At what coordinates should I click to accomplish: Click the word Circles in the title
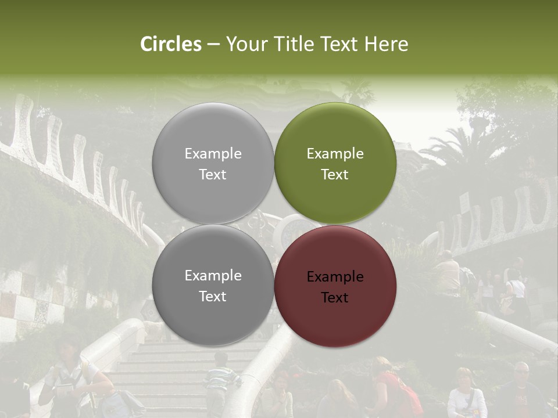pyautogui.click(x=171, y=44)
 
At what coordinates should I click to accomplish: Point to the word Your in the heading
pyautogui.click(x=244, y=44)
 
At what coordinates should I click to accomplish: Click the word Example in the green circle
pyautogui.click(x=335, y=154)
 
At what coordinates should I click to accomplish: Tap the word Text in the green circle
pyautogui.click(x=335, y=174)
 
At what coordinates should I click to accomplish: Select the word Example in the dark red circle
pyautogui.click(x=335, y=277)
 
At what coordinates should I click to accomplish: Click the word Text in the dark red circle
pyautogui.click(x=335, y=298)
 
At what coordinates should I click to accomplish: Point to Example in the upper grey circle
pyautogui.click(x=213, y=154)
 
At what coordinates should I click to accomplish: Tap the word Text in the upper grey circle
pyautogui.click(x=213, y=174)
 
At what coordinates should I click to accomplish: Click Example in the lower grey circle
pyautogui.click(x=213, y=276)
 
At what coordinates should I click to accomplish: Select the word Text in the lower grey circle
pyautogui.click(x=213, y=296)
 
